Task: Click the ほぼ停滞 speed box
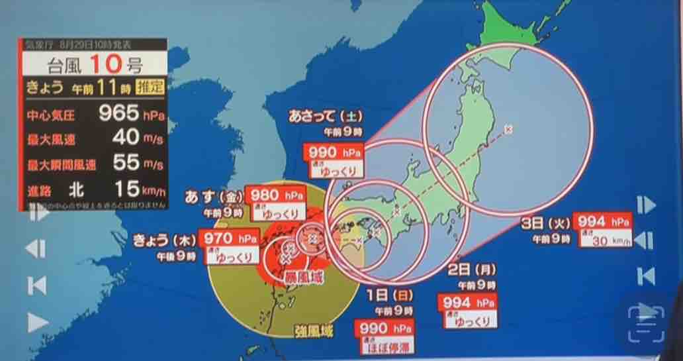tap(385, 345)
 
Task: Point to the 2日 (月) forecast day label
tap(472, 270)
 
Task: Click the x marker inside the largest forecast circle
tap(508, 129)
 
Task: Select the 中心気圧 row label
tap(50, 115)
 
